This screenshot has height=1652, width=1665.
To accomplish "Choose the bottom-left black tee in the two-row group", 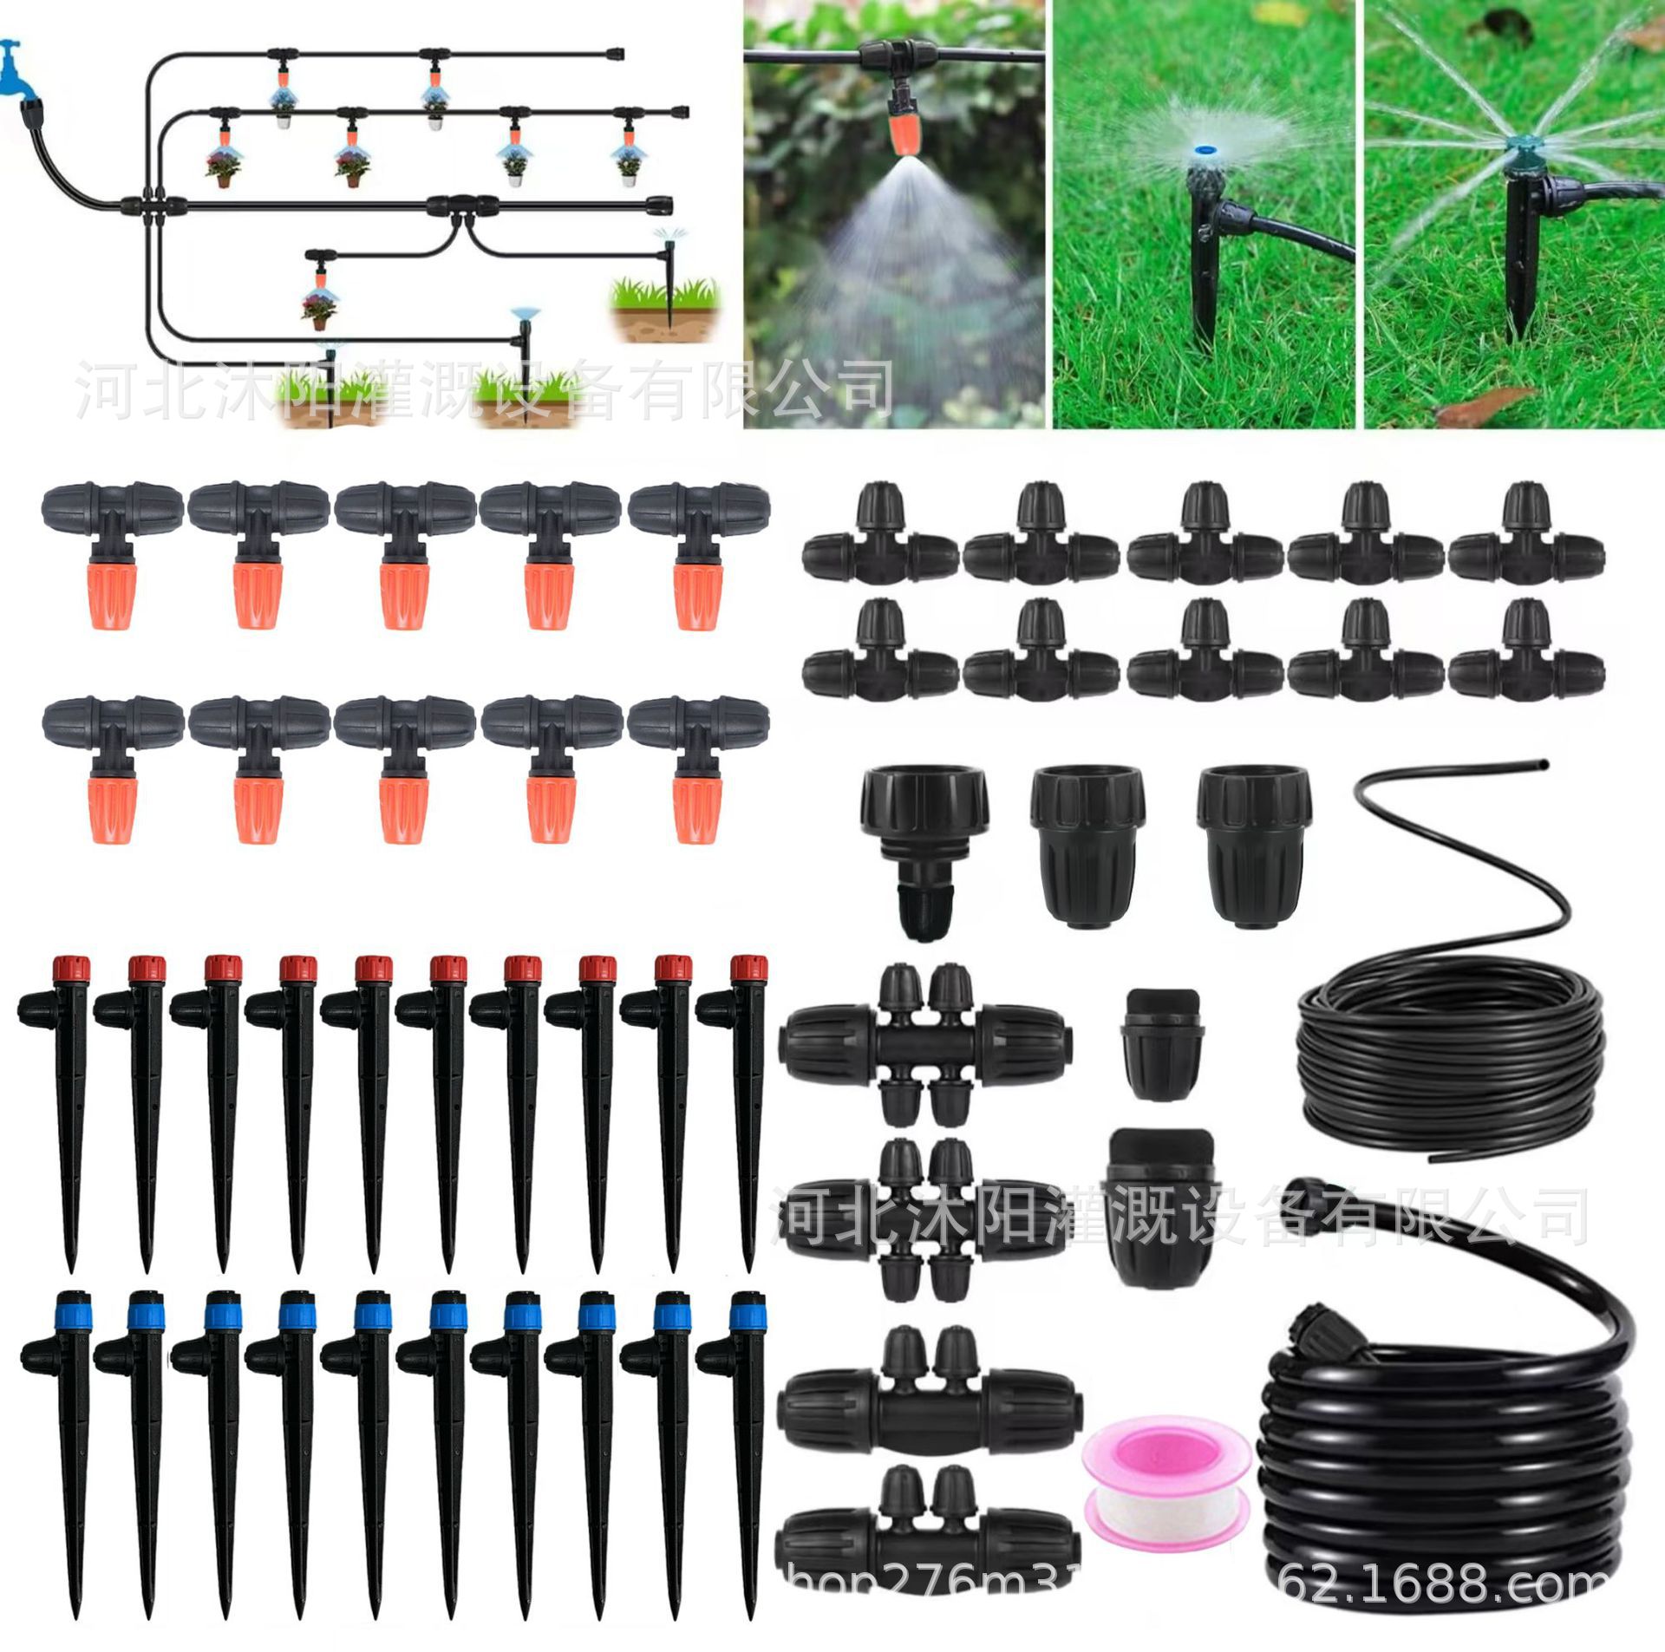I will [880, 656].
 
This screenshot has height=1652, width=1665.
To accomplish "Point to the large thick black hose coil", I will [1457, 1466].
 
